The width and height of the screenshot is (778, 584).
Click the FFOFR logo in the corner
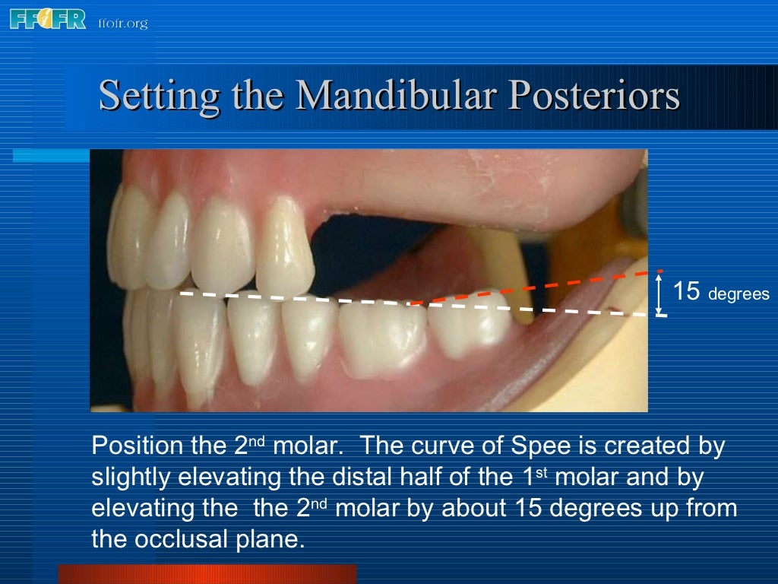tap(48, 19)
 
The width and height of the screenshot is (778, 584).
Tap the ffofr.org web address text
tap(122, 23)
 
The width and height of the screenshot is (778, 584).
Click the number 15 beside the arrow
tap(687, 291)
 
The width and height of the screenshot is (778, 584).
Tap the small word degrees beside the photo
tap(738, 294)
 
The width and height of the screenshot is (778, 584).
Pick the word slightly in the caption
tap(131, 478)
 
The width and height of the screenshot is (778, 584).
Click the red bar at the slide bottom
tap(207, 573)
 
